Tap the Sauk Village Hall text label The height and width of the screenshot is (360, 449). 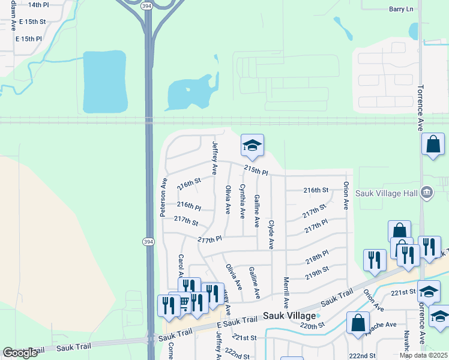point(385,193)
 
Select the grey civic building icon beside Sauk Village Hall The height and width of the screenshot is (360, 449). point(426,192)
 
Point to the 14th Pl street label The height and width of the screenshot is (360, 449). point(38,5)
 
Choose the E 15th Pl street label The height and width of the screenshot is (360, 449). point(29,38)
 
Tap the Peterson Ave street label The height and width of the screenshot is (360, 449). point(163,197)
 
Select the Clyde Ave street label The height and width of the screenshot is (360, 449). point(271,235)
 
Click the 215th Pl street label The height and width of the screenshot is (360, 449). point(255,171)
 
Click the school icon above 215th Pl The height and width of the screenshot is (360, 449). point(253,145)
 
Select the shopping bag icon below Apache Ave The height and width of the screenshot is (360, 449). point(358,322)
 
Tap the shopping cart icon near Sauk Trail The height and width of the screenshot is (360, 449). point(182,303)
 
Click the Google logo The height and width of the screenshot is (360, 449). point(20,353)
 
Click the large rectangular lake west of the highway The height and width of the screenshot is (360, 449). point(105,82)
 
